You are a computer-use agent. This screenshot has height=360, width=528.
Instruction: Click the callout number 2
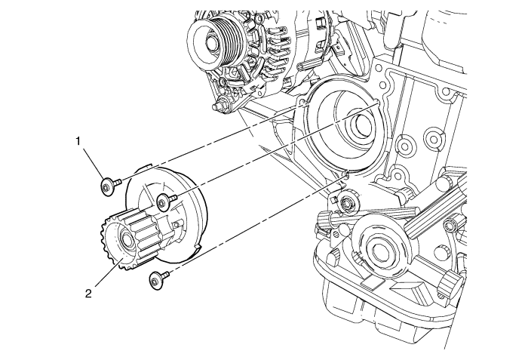[88, 294]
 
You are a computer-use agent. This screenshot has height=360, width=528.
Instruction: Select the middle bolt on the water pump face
[165, 200]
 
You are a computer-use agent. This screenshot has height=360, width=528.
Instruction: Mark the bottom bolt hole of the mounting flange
[343, 177]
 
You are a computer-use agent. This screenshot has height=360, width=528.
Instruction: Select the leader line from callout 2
[103, 275]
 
